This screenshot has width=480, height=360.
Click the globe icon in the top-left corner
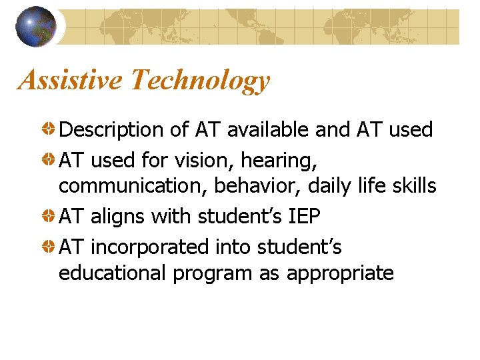coord(36,27)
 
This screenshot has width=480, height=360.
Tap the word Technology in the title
coord(199,81)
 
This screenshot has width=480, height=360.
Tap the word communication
coord(132,185)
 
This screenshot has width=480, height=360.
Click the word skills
coord(412,185)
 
